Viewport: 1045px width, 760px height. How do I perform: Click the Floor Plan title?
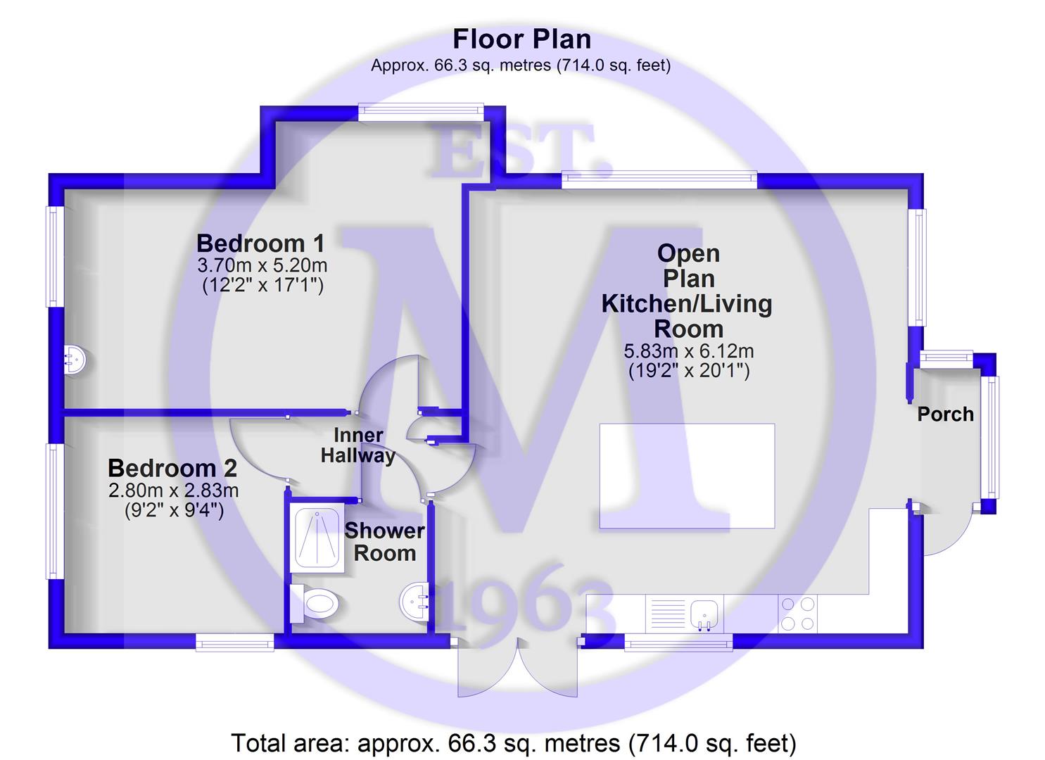click(x=521, y=39)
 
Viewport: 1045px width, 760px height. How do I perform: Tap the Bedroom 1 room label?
click(x=260, y=243)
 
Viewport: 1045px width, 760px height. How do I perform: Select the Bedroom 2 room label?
click(x=172, y=468)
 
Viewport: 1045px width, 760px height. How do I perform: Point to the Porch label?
click(x=946, y=414)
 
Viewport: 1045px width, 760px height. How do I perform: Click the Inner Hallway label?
click(x=357, y=445)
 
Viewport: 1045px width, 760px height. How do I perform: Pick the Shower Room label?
click(x=384, y=542)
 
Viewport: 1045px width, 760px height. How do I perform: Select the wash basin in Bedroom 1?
click(x=75, y=360)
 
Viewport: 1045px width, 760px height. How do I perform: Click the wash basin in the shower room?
click(x=414, y=602)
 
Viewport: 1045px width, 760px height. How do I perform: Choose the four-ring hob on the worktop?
click(x=797, y=614)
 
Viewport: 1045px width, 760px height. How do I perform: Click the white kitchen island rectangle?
click(x=687, y=476)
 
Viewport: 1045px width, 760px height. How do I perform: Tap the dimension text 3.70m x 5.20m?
click(x=262, y=265)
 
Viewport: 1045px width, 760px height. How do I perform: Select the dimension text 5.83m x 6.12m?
click(x=689, y=351)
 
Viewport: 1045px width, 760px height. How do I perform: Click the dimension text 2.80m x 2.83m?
click(x=174, y=490)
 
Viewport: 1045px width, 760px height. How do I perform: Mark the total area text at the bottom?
click(x=514, y=743)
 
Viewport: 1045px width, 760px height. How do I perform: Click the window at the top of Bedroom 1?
click(x=421, y=108)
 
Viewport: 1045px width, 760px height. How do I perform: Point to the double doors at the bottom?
click(x=518, y=669)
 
